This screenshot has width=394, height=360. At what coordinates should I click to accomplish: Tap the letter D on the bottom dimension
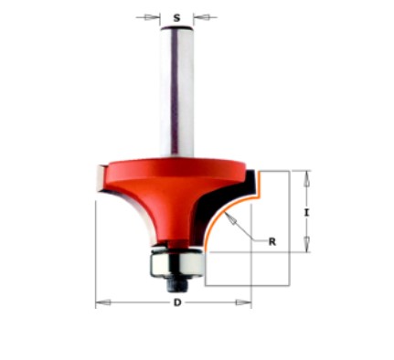tap(175, 302)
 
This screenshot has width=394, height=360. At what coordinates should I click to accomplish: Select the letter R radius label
tap(272, 242)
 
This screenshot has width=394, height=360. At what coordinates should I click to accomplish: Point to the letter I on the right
tap(308, 212)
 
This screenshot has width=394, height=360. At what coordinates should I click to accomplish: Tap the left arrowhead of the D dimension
tap(101, 302)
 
